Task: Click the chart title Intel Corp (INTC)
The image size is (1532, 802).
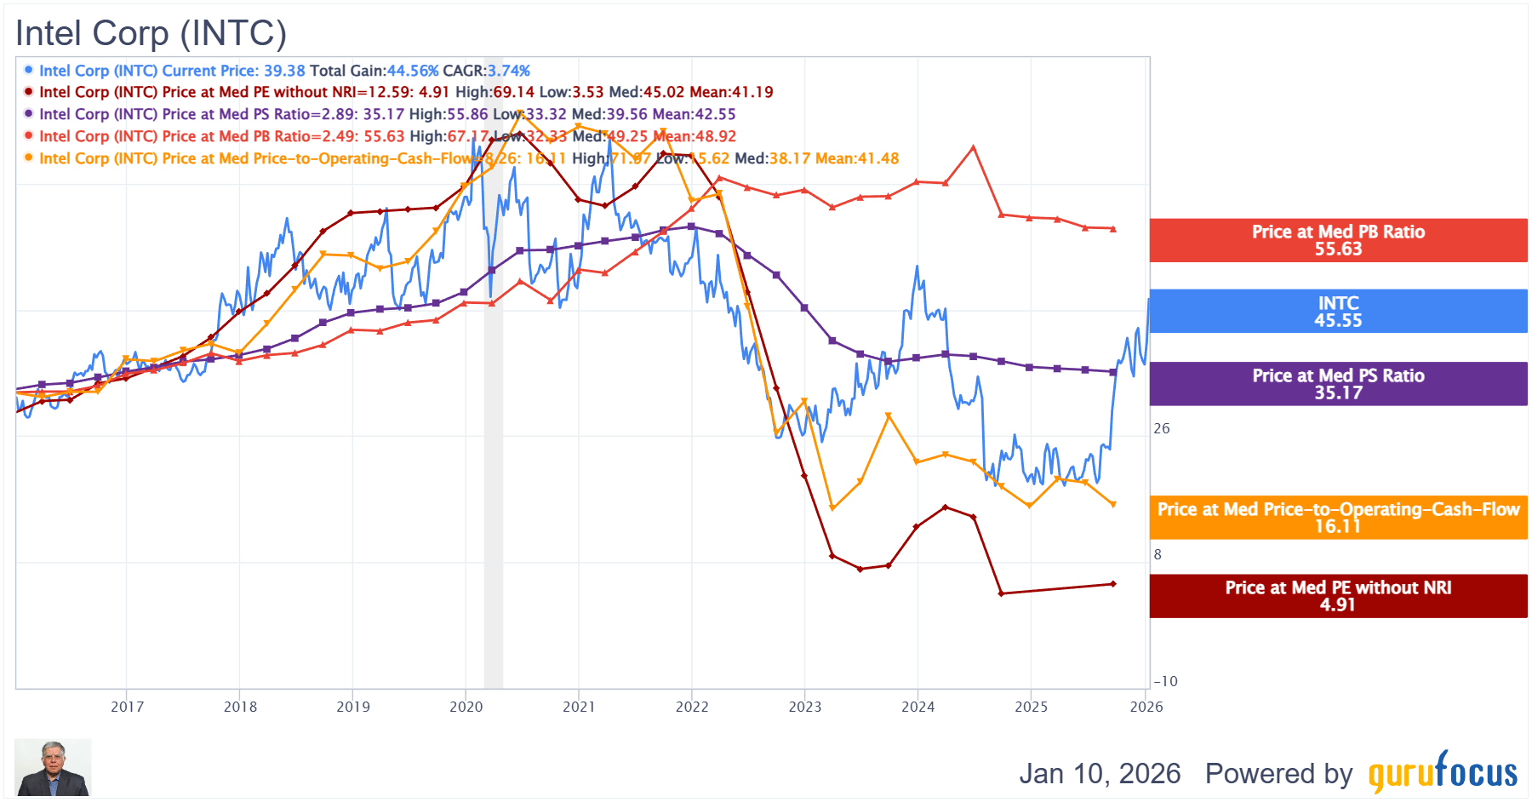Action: tap(151, 33)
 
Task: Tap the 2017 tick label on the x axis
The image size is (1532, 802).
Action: tap(127, 707)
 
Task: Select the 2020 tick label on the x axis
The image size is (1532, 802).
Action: tap(466, 707)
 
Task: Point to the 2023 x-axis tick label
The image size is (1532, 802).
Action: tap(804, 707)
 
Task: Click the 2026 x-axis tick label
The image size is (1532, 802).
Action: tap(1146, 707)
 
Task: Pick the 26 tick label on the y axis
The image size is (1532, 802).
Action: tap(1162, 428)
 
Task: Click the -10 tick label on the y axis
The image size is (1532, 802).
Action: tap(1165, 681)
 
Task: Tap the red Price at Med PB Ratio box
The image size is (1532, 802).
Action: tap(1338, 240)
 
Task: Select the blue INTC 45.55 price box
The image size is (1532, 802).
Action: tap(1338, 312)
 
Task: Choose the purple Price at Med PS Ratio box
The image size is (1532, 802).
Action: tap(1338, 384)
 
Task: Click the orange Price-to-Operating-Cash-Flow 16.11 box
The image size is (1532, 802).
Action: tap(1338, 518)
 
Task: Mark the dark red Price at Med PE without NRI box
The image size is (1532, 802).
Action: tap(1338, 596)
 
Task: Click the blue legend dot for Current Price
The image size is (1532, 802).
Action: tap(28, 70)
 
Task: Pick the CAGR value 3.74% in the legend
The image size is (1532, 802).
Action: tap(508, 71)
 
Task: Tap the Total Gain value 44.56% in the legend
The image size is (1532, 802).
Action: tap(413, 71)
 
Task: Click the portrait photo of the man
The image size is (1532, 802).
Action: tap(53, 768)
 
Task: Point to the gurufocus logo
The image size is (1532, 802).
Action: tap(1443, 772)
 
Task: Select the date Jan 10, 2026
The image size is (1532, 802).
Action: tap(1100, 773)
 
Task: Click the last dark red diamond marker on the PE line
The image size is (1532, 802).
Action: tap(1113, 584)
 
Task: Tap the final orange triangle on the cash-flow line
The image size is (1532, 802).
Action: tap(1113, 505)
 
